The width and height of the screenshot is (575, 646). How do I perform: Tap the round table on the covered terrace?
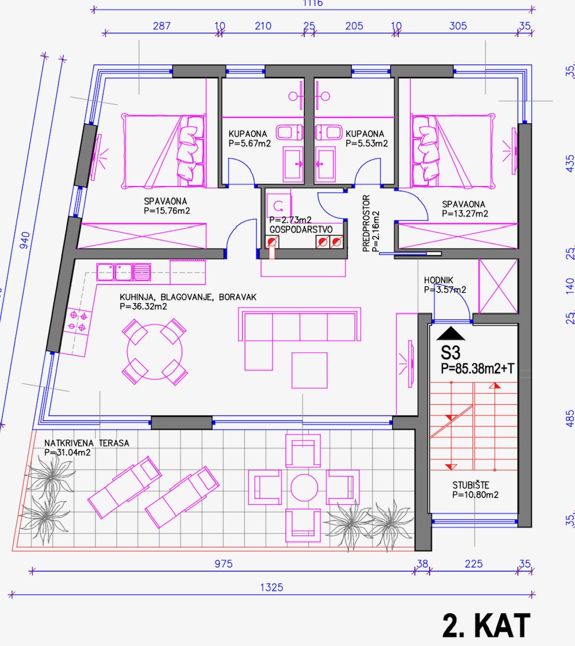[x=304, y=488]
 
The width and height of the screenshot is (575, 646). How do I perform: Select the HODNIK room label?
[x=438, y=280]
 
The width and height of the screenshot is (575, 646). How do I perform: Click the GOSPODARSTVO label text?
[x=301, y=230]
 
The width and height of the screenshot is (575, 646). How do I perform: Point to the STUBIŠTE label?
[x=471, y=486]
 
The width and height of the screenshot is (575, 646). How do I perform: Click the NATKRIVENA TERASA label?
[x=86, y=443]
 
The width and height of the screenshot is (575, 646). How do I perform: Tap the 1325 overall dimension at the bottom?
[x=271, y=587]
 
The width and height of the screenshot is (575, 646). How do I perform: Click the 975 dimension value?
[x=223, y=564]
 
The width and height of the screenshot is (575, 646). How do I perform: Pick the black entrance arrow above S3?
[x=451, y=334]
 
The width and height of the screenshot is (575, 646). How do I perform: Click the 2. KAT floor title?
[x=486, y=626]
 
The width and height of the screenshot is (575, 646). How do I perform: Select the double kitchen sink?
[x=124, y=272]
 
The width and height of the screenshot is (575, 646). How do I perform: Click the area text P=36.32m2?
[x=143, y=306]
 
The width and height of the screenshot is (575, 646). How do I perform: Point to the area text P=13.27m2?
[x=465, y=213]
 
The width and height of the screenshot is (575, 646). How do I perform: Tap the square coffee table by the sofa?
[x=309, y=370]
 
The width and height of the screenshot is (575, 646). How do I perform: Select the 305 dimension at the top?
[x=457, y=26]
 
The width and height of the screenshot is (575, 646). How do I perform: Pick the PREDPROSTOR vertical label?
[x=366, y=223]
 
